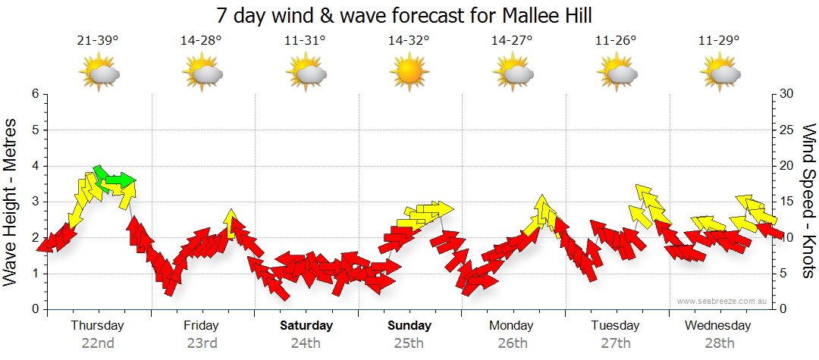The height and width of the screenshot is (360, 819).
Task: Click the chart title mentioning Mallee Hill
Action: point(403,15)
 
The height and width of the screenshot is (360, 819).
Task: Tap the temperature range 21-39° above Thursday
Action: point(98,40)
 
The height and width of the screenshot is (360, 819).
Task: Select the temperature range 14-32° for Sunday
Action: point(409,40)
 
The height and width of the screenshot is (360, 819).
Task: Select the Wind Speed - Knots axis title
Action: point(808,201)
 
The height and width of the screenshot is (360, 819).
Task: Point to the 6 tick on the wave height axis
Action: point(35,94)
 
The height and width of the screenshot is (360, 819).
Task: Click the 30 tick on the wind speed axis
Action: point(786,94)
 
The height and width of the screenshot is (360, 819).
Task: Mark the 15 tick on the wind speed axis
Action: point(786,202)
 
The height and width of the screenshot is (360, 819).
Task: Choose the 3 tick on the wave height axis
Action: point(35,202)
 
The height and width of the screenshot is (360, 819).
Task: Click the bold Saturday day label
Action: point(306,326)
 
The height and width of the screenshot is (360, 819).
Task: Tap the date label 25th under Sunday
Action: point(409,343)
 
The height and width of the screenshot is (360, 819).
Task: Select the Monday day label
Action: point(513,326)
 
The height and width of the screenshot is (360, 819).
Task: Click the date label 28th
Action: point(720,343)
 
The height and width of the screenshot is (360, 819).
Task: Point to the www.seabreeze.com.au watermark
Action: point(723,301)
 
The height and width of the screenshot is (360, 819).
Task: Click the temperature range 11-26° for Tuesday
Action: point(616,40)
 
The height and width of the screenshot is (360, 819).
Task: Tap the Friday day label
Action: point(201,326)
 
